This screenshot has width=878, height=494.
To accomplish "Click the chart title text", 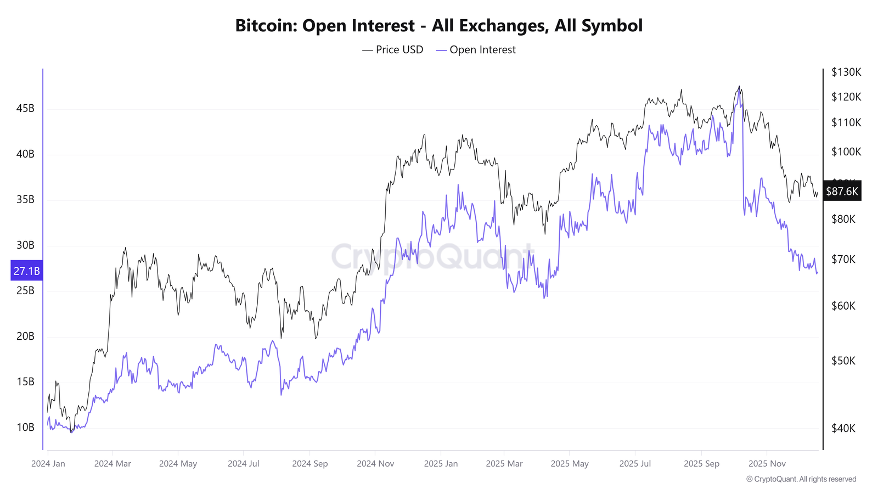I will point(438,26).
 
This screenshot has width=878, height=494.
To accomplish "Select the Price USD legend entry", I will point(393,50).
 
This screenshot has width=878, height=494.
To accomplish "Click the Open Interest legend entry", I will point(476,50).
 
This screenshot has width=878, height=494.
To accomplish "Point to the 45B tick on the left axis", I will point(25,109).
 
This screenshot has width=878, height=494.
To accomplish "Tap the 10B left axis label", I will point(25,428).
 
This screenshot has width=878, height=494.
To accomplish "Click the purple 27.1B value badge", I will point(26,271).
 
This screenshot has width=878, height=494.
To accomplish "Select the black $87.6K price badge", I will point(842,192).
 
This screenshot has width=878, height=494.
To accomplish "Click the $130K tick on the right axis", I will point(846,72).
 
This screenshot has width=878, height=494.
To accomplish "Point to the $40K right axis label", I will point(843,429).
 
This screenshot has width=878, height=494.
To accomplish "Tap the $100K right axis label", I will point(846,152).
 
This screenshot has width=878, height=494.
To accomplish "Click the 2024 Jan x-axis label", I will point(48,464).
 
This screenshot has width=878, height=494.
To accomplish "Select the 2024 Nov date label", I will point(375,464).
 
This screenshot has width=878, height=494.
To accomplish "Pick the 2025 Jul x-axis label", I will point(635,464).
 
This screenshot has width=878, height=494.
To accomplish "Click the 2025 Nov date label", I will point(767,464).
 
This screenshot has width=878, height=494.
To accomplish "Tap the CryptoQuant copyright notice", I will point(801,479).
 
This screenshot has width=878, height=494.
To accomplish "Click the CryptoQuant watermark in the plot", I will point(432,256).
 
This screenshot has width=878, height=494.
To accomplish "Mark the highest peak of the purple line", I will point(739,88).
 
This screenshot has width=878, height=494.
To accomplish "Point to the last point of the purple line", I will point(818,272).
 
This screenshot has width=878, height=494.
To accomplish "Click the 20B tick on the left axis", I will point(25,336).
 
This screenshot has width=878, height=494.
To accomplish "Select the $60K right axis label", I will point(843,306).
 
